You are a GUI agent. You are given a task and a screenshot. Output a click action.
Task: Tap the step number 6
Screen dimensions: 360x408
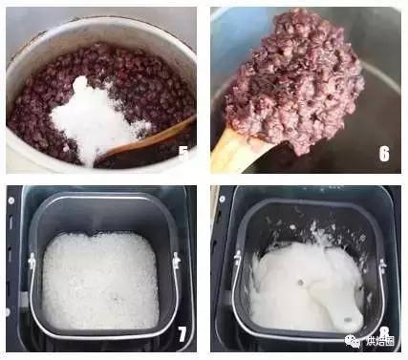coord(383,154)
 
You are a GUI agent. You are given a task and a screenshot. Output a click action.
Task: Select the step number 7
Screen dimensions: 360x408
coord(182,333)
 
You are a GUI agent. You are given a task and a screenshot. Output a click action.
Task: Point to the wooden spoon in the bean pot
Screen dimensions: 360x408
coord(153,139)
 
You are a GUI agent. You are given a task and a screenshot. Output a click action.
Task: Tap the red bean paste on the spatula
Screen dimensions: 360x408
coord(296,81)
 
